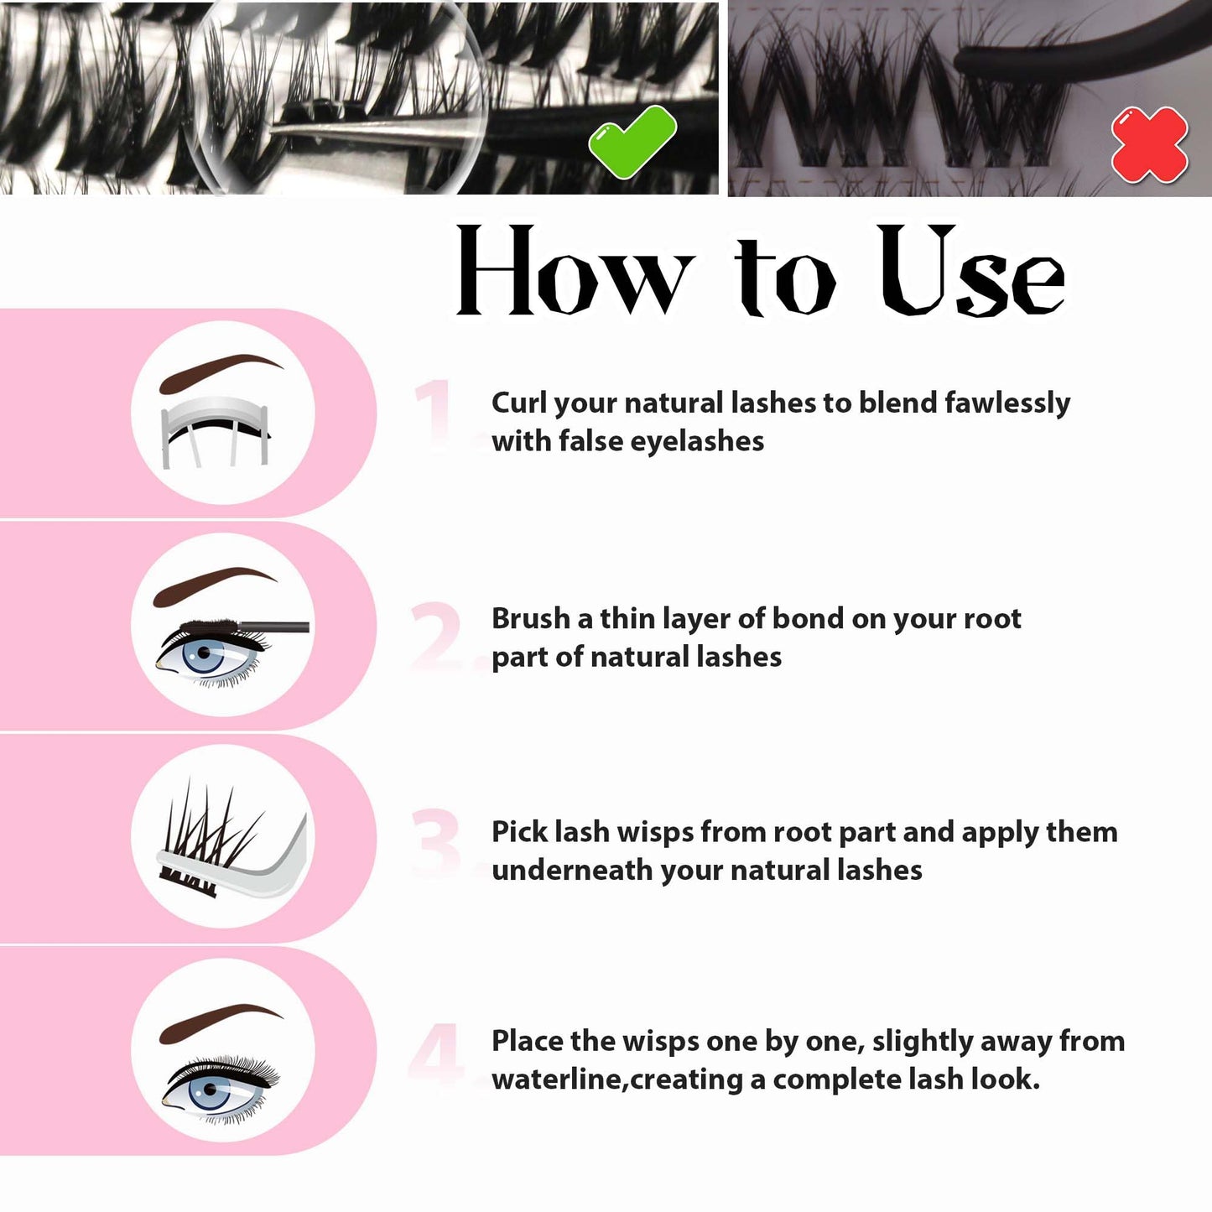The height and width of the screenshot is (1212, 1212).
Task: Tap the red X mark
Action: pos(1149,144)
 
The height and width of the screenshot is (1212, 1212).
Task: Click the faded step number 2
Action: pos(436,635)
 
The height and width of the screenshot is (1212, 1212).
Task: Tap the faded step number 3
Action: pos(436,843)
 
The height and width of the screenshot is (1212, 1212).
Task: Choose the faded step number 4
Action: pos(436,1053)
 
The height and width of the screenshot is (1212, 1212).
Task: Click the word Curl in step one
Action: pos(518,403)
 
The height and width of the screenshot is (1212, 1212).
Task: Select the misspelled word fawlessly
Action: pos(1007,403)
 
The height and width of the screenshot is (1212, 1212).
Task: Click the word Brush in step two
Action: pos(530,618)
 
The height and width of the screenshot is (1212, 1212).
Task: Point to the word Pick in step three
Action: pos(518,832)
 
